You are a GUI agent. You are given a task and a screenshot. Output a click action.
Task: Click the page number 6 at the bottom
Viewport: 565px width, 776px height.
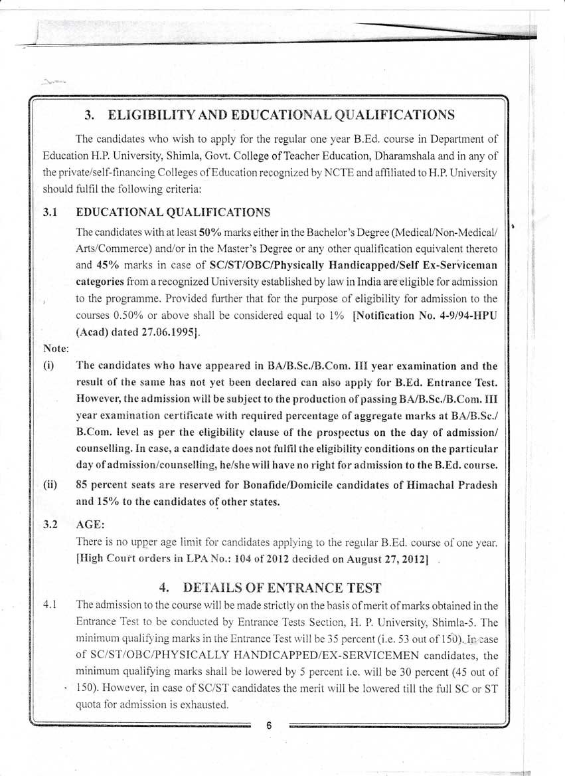(269, 726)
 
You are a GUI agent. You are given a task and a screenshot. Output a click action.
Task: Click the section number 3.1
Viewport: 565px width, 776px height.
(51, 213)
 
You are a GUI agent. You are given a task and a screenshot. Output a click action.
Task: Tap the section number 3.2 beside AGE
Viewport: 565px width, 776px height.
(51, 524)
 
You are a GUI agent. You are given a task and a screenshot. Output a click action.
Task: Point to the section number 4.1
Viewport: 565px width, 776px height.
(51, 605)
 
